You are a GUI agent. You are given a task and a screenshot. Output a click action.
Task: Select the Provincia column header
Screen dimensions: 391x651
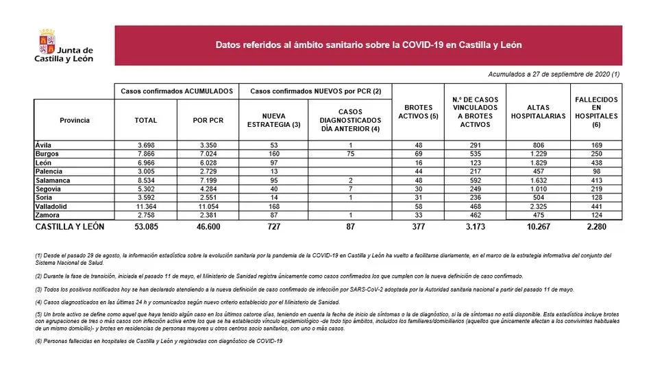(x=75, y=120)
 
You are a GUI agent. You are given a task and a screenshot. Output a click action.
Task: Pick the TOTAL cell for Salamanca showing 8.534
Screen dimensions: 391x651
(x=145, y=180)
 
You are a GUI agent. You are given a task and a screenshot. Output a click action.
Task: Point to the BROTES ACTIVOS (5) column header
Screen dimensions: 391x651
(x=418, y=112)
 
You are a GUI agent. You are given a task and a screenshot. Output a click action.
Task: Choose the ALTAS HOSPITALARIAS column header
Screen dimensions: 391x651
(x=538, y=112)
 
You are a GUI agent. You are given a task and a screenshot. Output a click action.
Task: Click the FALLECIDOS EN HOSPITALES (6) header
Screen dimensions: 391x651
(x=596, y=112)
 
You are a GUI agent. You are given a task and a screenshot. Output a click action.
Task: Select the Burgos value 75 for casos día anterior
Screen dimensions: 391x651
(x=349, y=154)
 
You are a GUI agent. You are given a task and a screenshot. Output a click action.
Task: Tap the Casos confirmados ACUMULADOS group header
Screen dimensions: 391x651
(x=177, y=91)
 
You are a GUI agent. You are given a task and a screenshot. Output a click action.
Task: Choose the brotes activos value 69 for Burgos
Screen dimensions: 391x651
(x=418, y=154)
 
